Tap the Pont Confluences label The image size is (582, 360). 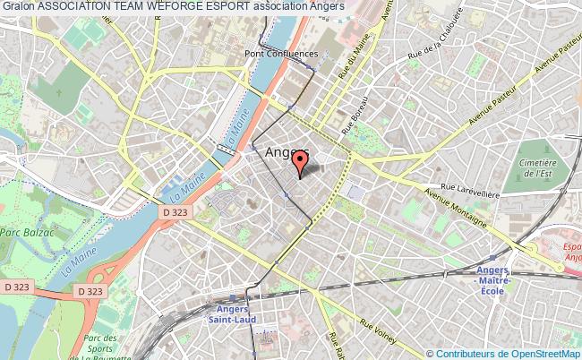tap(280, 53)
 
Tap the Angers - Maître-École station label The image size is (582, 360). tap(492, 278)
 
